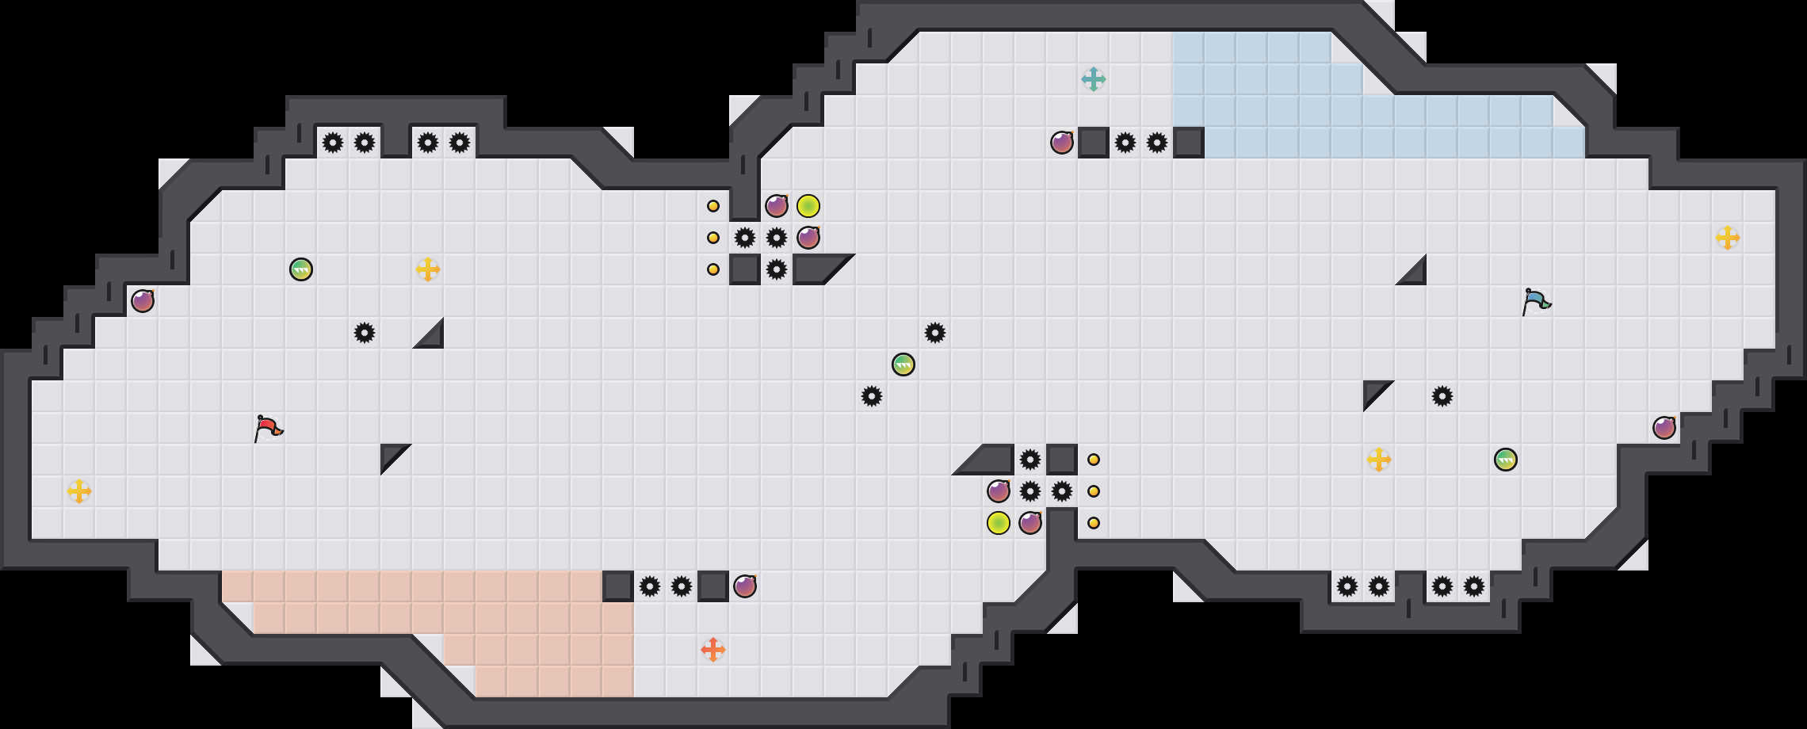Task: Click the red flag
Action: (268, 428)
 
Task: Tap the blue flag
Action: (1536, 301)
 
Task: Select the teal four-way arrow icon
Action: (1094, 79)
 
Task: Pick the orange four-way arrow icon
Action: (713, 650)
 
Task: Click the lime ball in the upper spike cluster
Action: (808, 206)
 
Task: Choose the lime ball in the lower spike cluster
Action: (999, 523)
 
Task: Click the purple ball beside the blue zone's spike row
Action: (1062, 143)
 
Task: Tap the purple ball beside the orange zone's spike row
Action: (745, 586)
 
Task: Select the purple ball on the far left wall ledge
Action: (143, 301)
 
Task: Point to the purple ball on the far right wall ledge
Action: (1664, 428)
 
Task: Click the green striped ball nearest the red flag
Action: (301, 269)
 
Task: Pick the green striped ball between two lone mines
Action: (903, 364)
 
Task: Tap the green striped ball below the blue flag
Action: (1506, 460)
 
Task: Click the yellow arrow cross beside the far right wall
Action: (1728, 238)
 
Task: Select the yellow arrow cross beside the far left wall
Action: (79, 491)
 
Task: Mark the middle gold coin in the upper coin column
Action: (713, 238)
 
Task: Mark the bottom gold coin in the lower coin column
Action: (1094, 523)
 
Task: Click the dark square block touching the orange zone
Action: (618, 586)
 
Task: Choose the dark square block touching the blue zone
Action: (1189, 143)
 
